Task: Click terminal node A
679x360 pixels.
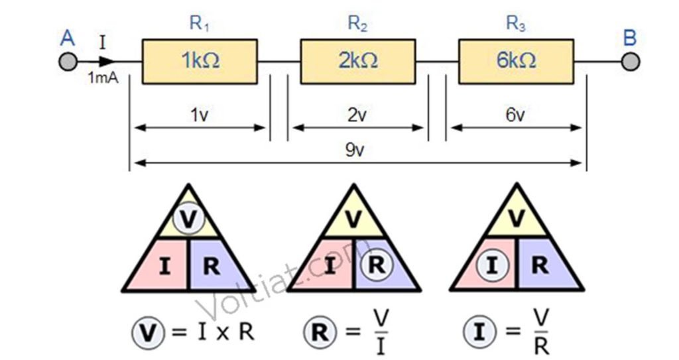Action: (x=68, y=62)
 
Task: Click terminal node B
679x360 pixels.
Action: (x=630, y=62)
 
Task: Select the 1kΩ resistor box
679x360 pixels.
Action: (x=200, y=62)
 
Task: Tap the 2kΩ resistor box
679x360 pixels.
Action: (x=358, y=62)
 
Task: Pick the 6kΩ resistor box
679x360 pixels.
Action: (x=516, y=62)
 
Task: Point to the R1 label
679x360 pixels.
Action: (x=199, y=23)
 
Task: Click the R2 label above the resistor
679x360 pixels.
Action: (x=357, y=23)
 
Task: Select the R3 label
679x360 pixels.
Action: (x=516, y=23)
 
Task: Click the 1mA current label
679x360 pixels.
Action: (x=103, y=78)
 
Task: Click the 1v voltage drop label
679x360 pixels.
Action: (x=199, y=115)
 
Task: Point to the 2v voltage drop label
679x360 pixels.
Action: (x=357, y=115)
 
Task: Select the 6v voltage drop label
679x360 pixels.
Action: (x=515, y=115)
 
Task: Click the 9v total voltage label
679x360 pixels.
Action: (x=355, y=150)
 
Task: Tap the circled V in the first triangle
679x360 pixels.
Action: (x=188, y=219)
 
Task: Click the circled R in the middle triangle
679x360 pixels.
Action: (x=377, y=265)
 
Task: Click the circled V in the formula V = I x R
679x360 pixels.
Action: (x=148, y=333)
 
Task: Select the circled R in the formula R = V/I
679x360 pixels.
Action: (x=320, y=332)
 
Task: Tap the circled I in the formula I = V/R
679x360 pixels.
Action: (x=479, y=332)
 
